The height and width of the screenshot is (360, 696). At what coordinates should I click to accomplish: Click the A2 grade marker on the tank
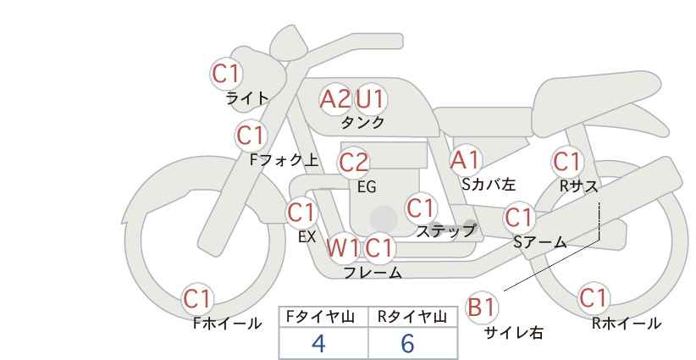(x=334, y=99)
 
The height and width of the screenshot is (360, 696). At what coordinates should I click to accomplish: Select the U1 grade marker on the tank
(x=370, y=99)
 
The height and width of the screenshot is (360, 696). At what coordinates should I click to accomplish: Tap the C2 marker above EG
(x=353, y=163)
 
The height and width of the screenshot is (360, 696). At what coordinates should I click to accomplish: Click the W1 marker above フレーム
(x=343, y=247)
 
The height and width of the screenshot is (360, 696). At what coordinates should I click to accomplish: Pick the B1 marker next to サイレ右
(x=481, y=307)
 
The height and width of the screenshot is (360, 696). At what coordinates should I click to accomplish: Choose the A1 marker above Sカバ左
(x=465, y=160)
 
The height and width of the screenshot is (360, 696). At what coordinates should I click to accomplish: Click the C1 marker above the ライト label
(x=226, y=73)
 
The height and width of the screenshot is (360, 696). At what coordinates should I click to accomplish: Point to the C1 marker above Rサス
(x=566, y=162)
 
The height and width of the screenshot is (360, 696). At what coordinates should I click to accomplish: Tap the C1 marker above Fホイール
(x=197, y=299)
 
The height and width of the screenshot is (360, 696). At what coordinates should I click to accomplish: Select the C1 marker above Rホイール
(x=593, y=298)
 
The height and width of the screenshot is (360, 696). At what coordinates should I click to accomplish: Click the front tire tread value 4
(x=318, y=343)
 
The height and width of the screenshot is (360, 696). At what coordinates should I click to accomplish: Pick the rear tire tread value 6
(x=407, y=343)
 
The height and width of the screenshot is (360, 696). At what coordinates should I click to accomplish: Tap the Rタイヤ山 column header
(x=412, y=317)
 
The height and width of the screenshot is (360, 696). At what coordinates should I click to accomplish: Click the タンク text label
(x=362, y=122)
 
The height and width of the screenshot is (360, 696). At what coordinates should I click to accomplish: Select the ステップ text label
(x=445, y=231)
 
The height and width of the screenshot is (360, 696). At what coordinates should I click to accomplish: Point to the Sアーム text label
(x=540, y=242)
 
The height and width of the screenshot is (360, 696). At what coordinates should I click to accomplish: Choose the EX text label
(x=307, y=237)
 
